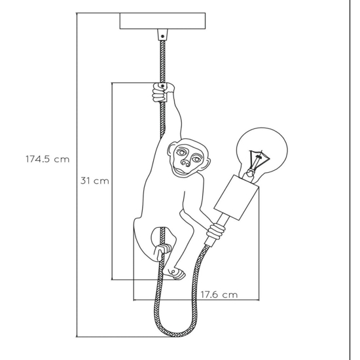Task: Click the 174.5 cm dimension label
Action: click(x=48, y=159)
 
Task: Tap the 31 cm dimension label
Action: click(x=95, y=181)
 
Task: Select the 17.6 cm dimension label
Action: click(x=219, y=295)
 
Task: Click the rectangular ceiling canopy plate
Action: click(x=162, y=21)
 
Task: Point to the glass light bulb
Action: click(x=262, y=152)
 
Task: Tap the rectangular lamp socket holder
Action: click(x=236, y=197)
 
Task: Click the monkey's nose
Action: click(x=185, y=163)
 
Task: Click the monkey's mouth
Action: click(x=180, y=171)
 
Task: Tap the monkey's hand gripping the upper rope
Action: click(x=162, y=92)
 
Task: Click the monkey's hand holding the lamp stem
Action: click(x=216, y=231)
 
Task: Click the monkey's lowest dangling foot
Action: click(x=175, y=273)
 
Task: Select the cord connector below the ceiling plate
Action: click(x=162, y=35)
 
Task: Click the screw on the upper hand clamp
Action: click(x=162, y=86)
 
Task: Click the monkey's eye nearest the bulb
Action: click(x=196, y=159)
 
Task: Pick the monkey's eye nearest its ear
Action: click(x=180, y=152)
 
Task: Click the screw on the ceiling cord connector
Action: click(x=162, y=36)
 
